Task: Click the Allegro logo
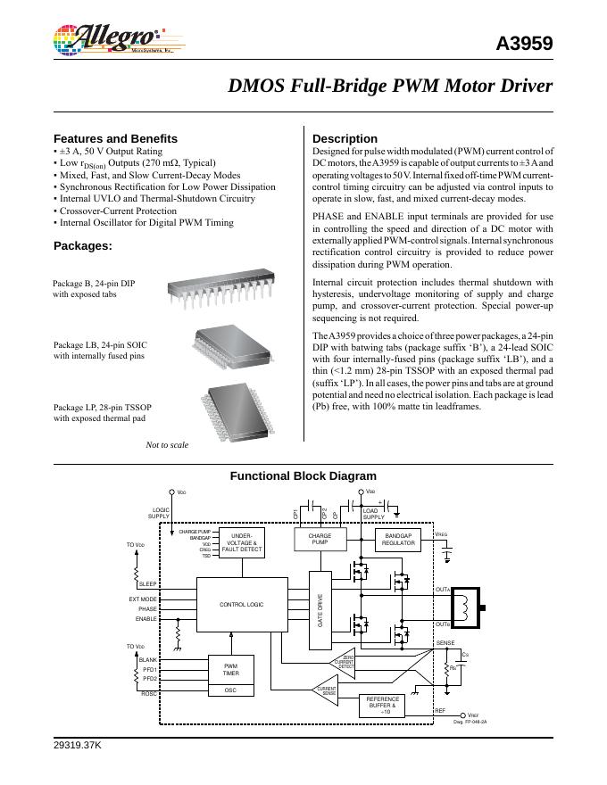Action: [x=108, y=40]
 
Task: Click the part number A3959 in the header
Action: [x=524, y=44]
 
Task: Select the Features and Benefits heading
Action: [x=115, y=138]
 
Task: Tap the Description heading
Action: [x=345, y=138]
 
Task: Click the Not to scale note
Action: [x=167, y=443]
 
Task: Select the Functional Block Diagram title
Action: [x=303, y=476]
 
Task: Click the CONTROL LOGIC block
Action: [x=241, y=605]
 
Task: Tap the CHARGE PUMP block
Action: [x=320, y=540]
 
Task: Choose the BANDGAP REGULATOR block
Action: [x=398, y=540]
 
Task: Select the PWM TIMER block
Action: [x=230, y=669]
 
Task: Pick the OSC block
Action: [x=230, y=690]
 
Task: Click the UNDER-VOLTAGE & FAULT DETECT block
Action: [x=241, y=542]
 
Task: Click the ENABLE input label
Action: [x=146, y=618]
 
